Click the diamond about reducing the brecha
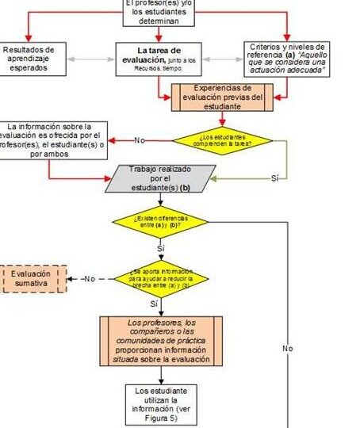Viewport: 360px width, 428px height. click(x=161, y=277)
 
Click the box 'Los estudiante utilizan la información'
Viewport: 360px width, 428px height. click(x=161, y=404)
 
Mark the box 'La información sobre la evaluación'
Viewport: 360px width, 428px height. click(x=54, y=140)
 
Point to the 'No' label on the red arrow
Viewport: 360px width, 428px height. click(x=140, y=141)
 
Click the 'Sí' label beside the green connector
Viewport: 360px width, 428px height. click(x=274, y=178)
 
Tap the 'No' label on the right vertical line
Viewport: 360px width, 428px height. click(x=287, y=348)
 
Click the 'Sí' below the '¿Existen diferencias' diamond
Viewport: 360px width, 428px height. click(x=161, y=248)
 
